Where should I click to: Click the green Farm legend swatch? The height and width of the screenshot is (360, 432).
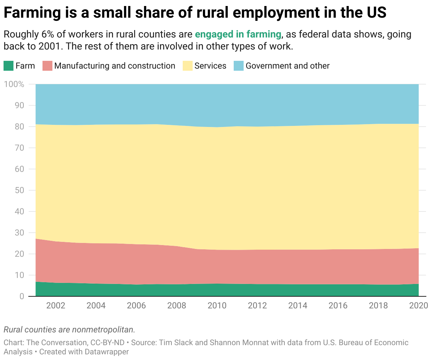(x=8, y=66)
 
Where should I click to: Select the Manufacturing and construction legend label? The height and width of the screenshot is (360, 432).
(x=115, y=66)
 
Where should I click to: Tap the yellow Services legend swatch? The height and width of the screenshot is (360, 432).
(x=188, y=66)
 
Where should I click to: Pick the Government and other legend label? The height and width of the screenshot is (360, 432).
(x=288, y=66)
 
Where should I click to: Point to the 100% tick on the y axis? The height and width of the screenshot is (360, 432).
(x=14, y=84)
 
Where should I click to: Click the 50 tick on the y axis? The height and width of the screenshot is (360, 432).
(x=20, y=190)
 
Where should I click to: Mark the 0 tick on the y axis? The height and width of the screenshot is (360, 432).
(x=22, y=296)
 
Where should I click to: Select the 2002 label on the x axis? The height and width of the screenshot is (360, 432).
(x=56, y=306)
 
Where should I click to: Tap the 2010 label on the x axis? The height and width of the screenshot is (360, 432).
(x=217, y=306)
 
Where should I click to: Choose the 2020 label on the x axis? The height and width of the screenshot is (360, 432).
(x=419, y=306)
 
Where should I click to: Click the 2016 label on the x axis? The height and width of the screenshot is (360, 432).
(x=338, y=306)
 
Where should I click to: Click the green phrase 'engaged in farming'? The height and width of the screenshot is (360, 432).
(x=238, y=34)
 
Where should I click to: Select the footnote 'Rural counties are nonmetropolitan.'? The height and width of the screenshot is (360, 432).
(x=69, y=330)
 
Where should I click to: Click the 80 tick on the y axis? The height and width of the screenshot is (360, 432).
(x=20, y=127)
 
